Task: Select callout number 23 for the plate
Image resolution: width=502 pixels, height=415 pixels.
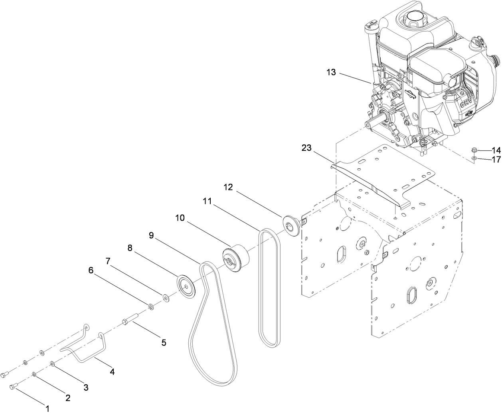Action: coord(306,148)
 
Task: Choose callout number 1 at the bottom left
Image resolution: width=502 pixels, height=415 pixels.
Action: coord(47,409)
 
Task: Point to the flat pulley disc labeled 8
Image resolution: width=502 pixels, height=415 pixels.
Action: coord(186,286)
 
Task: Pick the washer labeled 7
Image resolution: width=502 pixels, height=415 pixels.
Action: coord(165,297)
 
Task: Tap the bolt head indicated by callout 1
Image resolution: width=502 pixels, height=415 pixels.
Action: coord(13,387)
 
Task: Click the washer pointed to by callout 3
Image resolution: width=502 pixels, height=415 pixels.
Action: coord(53,364)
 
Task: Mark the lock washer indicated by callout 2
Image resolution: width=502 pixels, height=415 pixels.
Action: coord(35,374)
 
